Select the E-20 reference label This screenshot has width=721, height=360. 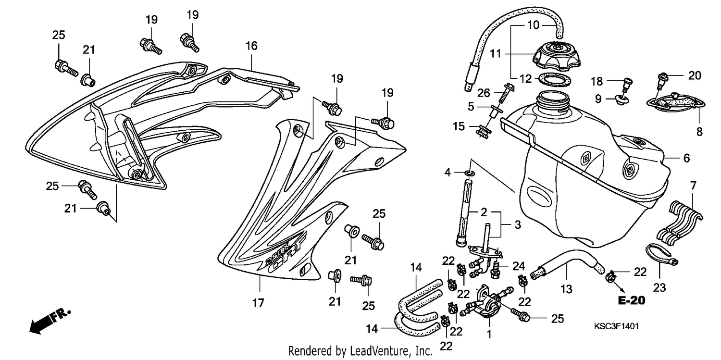tap(632, 300)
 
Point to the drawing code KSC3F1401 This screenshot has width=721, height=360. tap(616, 326)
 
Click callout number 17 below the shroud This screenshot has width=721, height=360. tap(258, 303)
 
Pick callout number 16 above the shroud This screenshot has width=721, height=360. tap(251, 46)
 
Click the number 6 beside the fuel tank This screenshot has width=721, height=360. tap(686, 158)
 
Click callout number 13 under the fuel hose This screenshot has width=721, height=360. tap(566, 289)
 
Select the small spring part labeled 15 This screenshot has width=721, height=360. tap(483, 132)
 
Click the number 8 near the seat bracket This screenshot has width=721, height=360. tap(699, 132)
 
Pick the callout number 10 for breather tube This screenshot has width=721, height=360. tap(534, 25)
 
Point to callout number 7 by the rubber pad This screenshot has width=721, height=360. tap(693, 186)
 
